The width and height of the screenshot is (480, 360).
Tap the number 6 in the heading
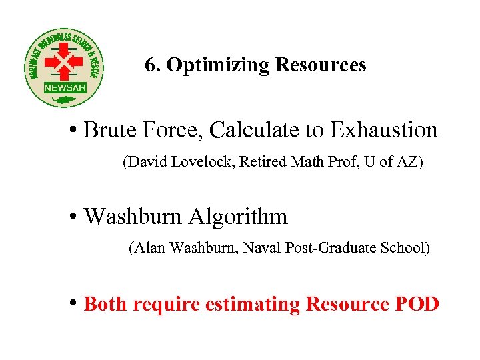[149, 65]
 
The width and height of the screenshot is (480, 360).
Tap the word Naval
[262, 249]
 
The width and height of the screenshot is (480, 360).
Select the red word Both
[107, 305]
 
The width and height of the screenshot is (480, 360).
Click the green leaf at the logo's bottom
[65, 101]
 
